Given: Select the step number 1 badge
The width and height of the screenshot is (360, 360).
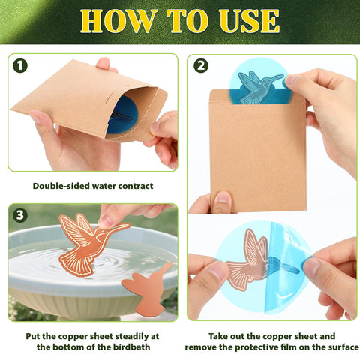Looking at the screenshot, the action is pos(20,66).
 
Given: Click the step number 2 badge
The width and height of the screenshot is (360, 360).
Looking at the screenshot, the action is pos(201,66).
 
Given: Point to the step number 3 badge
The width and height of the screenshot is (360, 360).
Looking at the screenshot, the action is pos(20,215).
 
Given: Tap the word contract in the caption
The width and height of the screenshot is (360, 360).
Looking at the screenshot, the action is pos(136,186).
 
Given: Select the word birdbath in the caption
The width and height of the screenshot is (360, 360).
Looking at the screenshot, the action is pos(130,347).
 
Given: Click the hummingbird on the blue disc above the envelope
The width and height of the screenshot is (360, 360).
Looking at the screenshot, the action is pos(259,87).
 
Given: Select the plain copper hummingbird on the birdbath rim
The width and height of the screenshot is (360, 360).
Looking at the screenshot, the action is pos(148,287).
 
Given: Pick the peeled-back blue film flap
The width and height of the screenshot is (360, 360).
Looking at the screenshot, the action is pos(287,268).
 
